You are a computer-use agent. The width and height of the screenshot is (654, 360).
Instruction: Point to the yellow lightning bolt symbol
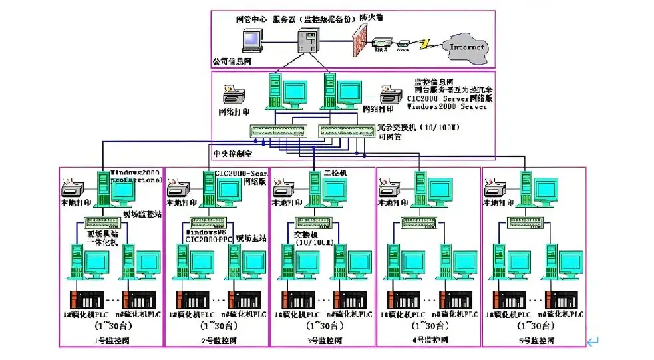tap(423, 44)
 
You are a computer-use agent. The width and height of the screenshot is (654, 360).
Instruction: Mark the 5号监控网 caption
tap(534, 341)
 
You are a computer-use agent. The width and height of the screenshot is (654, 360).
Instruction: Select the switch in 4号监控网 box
tap(418, 223)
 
